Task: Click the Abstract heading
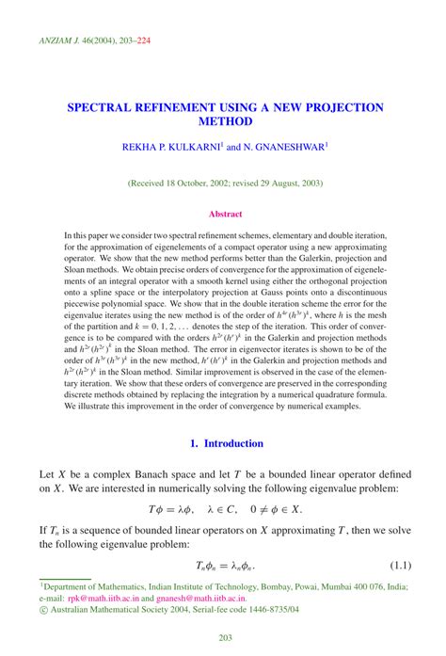(225, 214)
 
